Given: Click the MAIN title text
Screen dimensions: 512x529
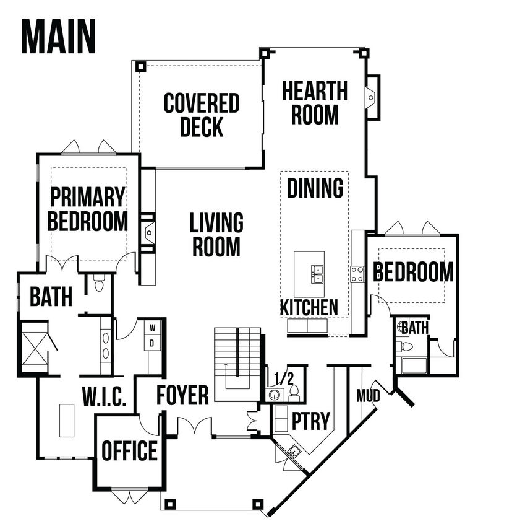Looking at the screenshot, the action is tap(59, 37).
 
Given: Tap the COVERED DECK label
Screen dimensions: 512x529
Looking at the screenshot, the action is tap(202, 115).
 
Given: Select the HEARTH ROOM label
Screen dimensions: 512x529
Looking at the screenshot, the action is tap(315, 103).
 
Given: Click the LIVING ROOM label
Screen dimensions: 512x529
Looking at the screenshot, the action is tap(216, 234).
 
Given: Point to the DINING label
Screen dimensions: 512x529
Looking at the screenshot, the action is tap(315, 188).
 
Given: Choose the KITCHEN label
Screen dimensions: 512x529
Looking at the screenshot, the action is tap(309, 307).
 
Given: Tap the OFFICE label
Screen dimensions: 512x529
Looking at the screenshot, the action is tap(130, 450).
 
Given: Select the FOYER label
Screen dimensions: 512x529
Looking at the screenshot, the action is tap(182, 395).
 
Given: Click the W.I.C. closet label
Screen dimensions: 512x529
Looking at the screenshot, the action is tap(105, 396).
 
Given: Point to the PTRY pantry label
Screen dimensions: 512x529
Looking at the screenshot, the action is tap(310, 421).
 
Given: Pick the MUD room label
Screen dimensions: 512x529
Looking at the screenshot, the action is tap(368, 396).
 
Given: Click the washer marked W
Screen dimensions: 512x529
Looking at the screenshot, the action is tap(153, 327).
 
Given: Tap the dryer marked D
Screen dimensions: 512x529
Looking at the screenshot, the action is tap(153, 343).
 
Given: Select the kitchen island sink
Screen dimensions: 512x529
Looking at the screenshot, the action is tap(317, 274).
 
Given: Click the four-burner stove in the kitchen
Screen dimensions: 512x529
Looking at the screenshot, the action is tap(357, 274).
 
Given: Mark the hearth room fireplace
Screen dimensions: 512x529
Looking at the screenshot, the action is tap(372, 97).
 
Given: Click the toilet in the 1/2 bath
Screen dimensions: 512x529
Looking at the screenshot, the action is tap(294, 393).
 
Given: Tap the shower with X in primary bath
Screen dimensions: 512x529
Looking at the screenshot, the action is tap(35, 348).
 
